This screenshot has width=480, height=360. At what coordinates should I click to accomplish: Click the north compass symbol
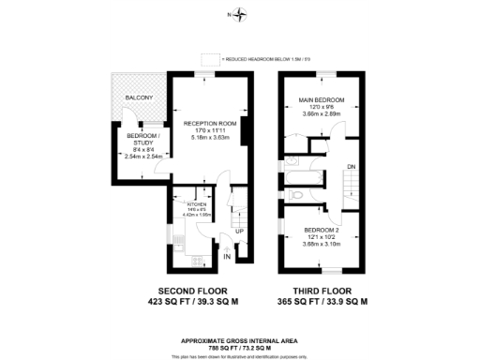241,14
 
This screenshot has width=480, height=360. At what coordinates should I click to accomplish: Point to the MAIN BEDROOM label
322,100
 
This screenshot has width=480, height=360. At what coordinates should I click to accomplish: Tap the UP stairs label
239,232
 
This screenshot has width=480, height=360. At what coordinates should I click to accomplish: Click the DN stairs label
351,167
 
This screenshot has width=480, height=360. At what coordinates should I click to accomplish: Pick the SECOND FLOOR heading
191,290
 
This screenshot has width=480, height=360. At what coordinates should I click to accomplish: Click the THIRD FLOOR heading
322,290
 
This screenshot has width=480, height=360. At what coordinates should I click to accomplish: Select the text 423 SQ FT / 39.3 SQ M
191,302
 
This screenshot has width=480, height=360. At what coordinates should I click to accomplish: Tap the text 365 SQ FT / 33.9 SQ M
322,302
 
